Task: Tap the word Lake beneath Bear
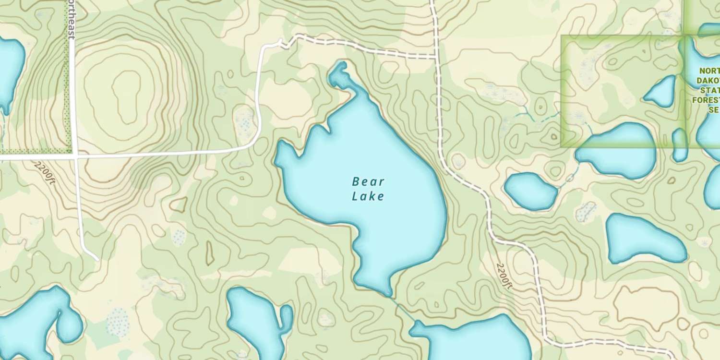click(x=368, y=196)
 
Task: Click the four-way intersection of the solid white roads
click(x=75, y=156)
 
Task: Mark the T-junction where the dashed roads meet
click(x=436, y=58)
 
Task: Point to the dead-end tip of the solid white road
click(x=97, y=259)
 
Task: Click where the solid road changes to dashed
click(x=280, y=44)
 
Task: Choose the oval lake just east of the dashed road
click(x=531, y=191)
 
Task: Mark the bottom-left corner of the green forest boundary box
click(x=562, y=146)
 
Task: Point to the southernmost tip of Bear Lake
click(x=389, y=294)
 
